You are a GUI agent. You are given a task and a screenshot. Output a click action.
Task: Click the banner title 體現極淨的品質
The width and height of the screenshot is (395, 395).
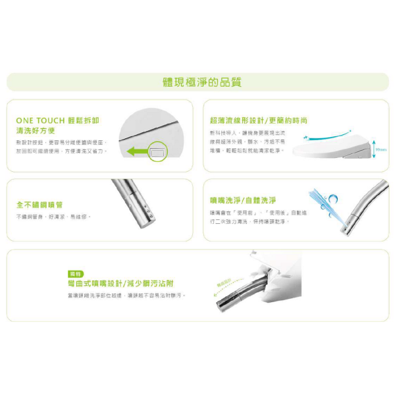(201, 82)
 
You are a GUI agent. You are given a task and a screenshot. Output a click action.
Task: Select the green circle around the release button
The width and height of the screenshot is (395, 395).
(157, 152)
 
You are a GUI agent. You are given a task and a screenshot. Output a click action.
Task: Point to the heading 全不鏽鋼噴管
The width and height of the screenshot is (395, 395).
(40, 205)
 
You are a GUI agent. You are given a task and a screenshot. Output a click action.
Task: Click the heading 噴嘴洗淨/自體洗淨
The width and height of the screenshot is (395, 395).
(242, 200)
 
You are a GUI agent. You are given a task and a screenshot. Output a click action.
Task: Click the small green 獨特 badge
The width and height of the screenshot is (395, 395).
(75, 274)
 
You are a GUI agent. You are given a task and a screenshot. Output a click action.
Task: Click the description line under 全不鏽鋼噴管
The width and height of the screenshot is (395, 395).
(53, 217)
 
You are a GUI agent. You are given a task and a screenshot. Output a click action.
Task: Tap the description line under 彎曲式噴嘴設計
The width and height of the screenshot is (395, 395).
(126, 296)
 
